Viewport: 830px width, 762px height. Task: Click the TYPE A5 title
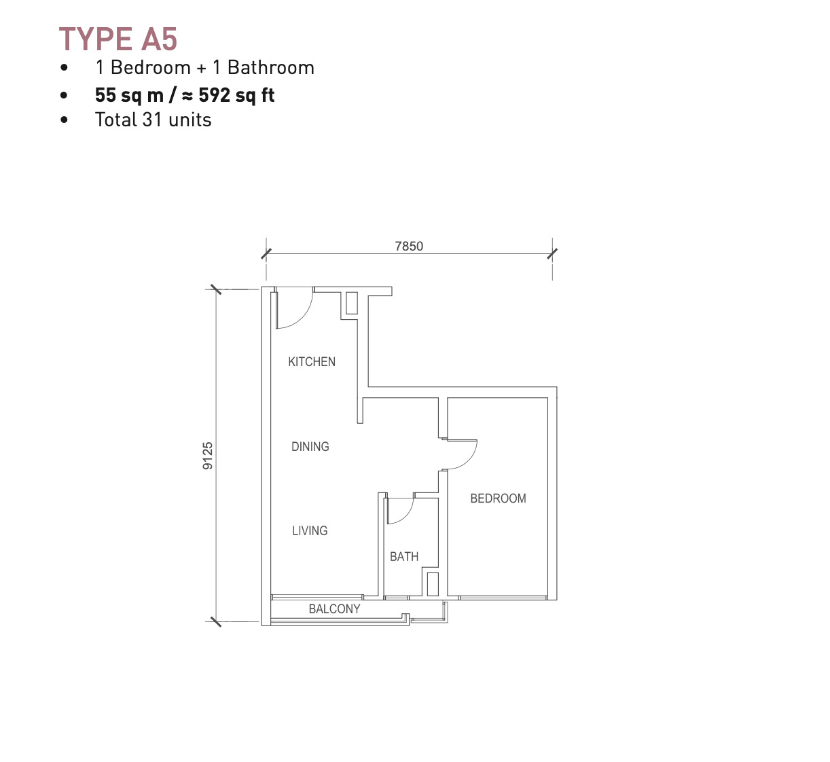118,39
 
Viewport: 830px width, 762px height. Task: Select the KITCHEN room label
312,362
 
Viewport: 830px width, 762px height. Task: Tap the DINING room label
310,447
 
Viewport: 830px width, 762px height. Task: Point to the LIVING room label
310,530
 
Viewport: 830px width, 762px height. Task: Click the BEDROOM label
498,498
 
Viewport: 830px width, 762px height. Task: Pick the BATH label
404,557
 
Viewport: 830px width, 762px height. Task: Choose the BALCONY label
334,609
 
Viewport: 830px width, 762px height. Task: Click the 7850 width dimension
409,247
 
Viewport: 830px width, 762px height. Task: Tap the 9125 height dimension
208,456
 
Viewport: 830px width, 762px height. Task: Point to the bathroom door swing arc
408,515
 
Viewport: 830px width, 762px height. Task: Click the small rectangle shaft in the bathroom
433,585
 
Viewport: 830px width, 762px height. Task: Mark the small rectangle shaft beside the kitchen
352,303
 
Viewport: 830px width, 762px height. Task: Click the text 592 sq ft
236,96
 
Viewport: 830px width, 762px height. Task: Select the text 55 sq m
129,96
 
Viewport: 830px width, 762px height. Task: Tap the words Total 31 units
153,120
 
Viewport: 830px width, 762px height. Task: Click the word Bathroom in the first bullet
271,67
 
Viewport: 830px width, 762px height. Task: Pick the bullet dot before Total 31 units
64,120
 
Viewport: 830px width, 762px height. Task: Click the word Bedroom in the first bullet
151,67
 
